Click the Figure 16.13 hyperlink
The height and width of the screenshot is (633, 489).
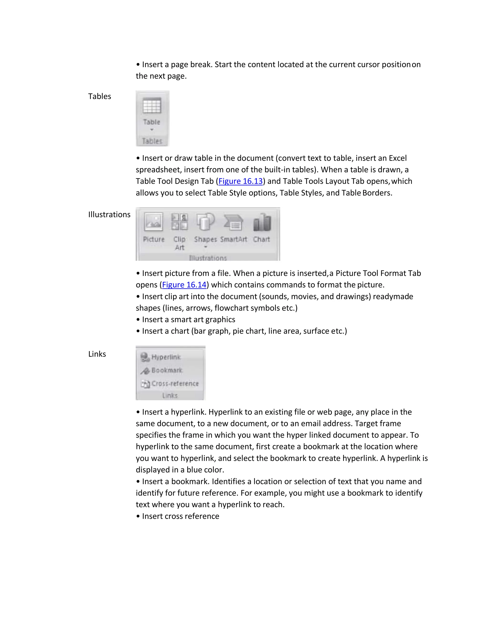[240, 181]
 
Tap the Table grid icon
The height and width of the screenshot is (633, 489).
[152, 106]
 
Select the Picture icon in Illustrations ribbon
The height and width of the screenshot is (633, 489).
[153, 222]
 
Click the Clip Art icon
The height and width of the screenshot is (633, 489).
[179, 222]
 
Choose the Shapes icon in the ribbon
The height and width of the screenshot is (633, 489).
[205, 222]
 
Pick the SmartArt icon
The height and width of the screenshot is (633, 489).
[233, 223]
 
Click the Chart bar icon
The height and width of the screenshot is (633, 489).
[262, 223]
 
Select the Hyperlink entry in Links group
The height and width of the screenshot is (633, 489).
[161, 357]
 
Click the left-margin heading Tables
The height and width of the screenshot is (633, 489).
[99, 96]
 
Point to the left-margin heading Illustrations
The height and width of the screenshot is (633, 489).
[109, 215]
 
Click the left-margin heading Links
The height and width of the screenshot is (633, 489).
[97, 354]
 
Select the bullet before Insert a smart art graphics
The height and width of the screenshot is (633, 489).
[138, 320]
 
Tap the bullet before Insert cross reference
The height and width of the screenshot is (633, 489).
[138, 516]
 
